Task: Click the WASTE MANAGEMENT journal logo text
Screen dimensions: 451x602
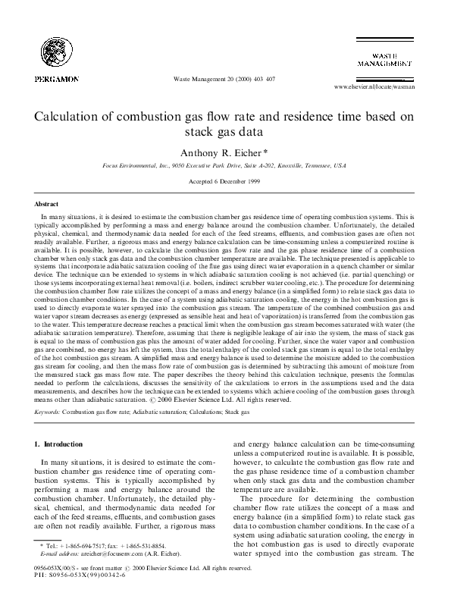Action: click(x=386, y=61)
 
